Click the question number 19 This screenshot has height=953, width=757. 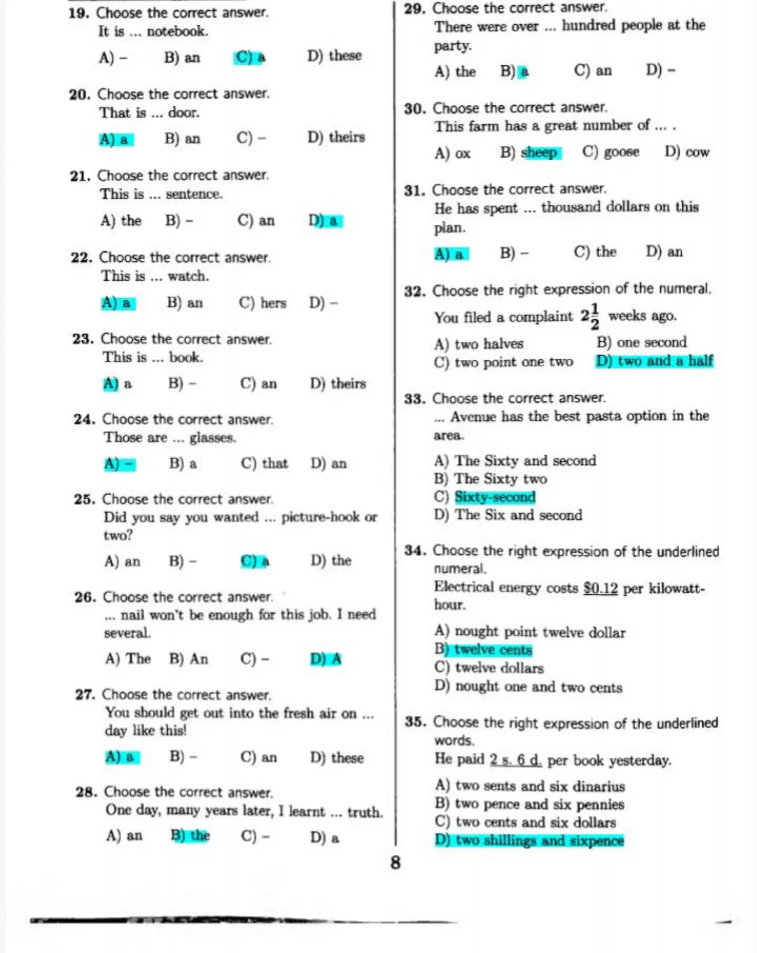tap(79, 13)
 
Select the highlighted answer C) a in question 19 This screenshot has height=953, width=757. tap(250, 57)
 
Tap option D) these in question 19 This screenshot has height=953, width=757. tap(334, 56)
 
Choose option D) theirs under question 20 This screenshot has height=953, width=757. tap(336, 137)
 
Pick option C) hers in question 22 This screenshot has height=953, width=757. tap(262, 303)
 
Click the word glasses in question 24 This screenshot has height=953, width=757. tap(212, 437)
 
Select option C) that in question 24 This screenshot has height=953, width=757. tap(264, 463)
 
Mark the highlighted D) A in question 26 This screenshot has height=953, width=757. tap(326, 659)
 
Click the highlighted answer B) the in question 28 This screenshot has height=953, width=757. tap(190, 835)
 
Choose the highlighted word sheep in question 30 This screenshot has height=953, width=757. tap(539, 152)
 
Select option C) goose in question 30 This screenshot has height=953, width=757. tap(611, 152)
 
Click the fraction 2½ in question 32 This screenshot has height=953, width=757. tap(590, 316)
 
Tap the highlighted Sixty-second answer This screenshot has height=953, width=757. tap(495, 497)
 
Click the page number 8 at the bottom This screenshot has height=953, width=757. tap(395, 862)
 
